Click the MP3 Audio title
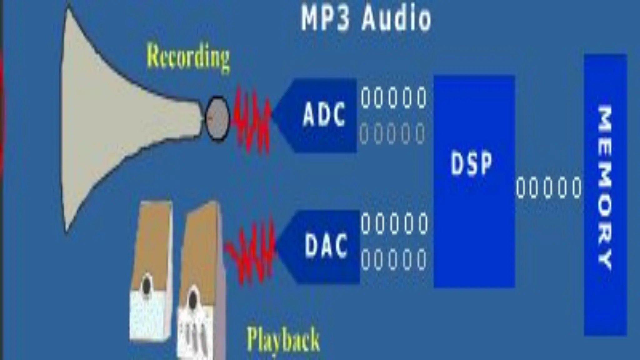coord(366,18)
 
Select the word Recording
coord(188,58)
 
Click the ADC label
coord(324,115)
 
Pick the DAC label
coord(326,246)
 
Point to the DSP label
coord(471,163)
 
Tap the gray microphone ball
coord(217,118)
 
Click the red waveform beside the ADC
coord(252,120)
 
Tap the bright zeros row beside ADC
coord(394,97)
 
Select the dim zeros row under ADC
coord(392,134)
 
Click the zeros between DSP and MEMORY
coord(549,188)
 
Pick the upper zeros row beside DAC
coord(394,223)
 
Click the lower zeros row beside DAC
coord(394,259)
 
